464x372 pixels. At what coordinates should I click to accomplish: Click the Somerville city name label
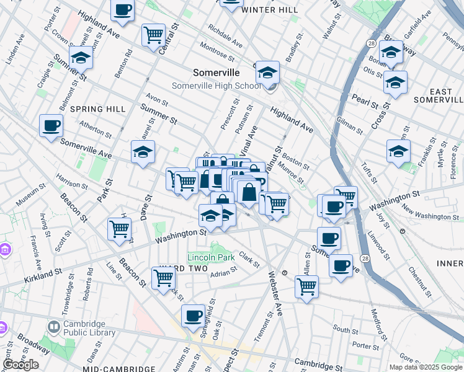point(216,72)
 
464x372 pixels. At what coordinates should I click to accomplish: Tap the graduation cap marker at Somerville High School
point(267,74)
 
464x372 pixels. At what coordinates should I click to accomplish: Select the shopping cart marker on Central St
point(153,35)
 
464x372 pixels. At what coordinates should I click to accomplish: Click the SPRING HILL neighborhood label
point(94,108)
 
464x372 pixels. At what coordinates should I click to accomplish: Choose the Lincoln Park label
point(210,257)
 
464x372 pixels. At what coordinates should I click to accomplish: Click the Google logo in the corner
point(20,364)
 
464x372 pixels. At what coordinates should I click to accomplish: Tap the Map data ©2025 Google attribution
point(425,367)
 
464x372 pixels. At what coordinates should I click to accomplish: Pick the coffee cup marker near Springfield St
point(194,316)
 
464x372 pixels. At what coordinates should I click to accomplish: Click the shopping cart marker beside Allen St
point(306,286)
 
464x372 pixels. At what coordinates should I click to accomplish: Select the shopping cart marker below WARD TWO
point(163,278)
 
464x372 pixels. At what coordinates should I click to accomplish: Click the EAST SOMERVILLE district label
point(440,95)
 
